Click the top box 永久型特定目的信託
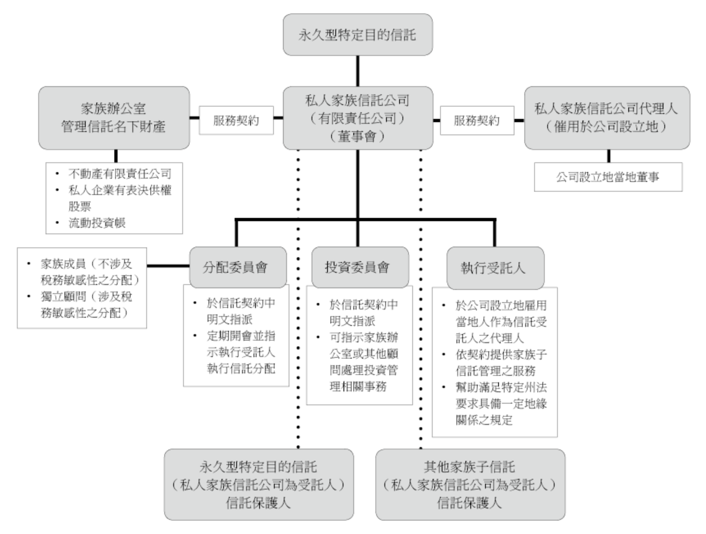coord(357,35)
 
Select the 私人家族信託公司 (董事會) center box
coord(357,118)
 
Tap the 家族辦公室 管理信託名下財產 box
coord(114,118)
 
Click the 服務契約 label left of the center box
coord(236,121)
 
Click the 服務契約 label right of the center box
coord(476,121)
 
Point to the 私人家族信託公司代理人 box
coord(607,118)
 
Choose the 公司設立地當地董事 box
coord(608,177)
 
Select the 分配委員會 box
coord(237,267)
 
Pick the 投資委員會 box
coord(357,267)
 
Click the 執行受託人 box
coord(495,268)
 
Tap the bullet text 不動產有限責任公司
coord(119,174)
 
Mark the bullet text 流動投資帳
coord(97,223)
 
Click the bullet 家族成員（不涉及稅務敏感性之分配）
coord(88,272)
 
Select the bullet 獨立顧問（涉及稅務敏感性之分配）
coord(87,304)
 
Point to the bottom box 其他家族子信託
coord(470,484)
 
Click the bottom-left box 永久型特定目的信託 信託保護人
coord(259,484)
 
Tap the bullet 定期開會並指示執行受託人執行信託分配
coord(241,352)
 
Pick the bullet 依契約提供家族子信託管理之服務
coord(501,363)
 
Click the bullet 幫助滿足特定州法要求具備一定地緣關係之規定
coord(501,404)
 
